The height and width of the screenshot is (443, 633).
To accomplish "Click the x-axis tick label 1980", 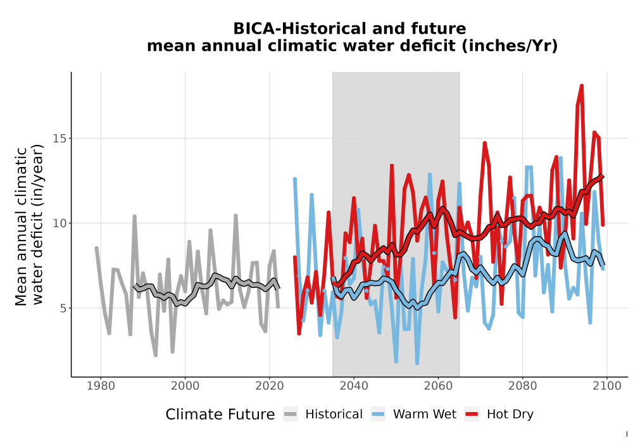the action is [101, 386].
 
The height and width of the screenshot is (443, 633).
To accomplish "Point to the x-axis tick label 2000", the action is [185, 386].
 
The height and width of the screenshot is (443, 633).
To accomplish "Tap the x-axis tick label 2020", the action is [269, 386].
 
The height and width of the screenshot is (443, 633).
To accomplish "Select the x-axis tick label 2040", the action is [354, 386].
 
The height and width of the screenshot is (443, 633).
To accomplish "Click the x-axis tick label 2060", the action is [438, 386].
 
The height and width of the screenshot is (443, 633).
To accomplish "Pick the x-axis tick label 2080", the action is [522, 386].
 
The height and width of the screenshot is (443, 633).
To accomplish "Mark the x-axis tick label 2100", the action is [607, 386].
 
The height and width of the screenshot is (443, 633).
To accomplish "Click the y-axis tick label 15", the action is [60, 139].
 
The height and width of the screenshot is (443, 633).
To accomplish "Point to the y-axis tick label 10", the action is [60, 223].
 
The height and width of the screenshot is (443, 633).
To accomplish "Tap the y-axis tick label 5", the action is [63, 308].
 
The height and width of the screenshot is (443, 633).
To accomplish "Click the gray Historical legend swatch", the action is [291, 415].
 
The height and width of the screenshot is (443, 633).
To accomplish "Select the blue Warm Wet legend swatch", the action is [379, 415].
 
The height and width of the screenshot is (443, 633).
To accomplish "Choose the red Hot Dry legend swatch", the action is [472, 415].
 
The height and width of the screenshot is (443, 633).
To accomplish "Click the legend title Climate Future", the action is [220, 415].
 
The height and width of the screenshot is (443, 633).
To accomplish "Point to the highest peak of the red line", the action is [582, 85].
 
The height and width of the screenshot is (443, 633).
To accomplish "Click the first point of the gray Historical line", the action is [96, 247].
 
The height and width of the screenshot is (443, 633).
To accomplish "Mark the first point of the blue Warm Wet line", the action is [295, 178].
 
